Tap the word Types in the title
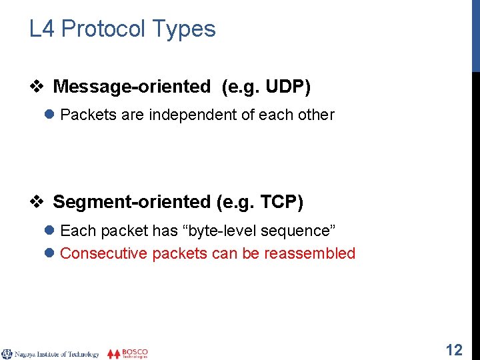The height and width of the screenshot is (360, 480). click(x=184, y=29)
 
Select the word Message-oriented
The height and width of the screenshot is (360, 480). click(x=131, y=87)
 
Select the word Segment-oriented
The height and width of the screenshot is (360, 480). click(x=131, y=202)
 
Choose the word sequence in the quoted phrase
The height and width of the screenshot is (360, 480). click(x=299, y=231)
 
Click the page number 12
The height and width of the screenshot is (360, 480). click(x=454, y=350)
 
